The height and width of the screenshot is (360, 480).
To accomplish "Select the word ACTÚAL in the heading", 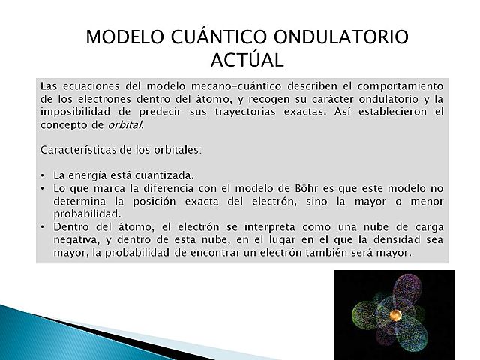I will point(248,59).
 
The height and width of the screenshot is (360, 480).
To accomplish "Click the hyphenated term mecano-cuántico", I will point(220,85).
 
